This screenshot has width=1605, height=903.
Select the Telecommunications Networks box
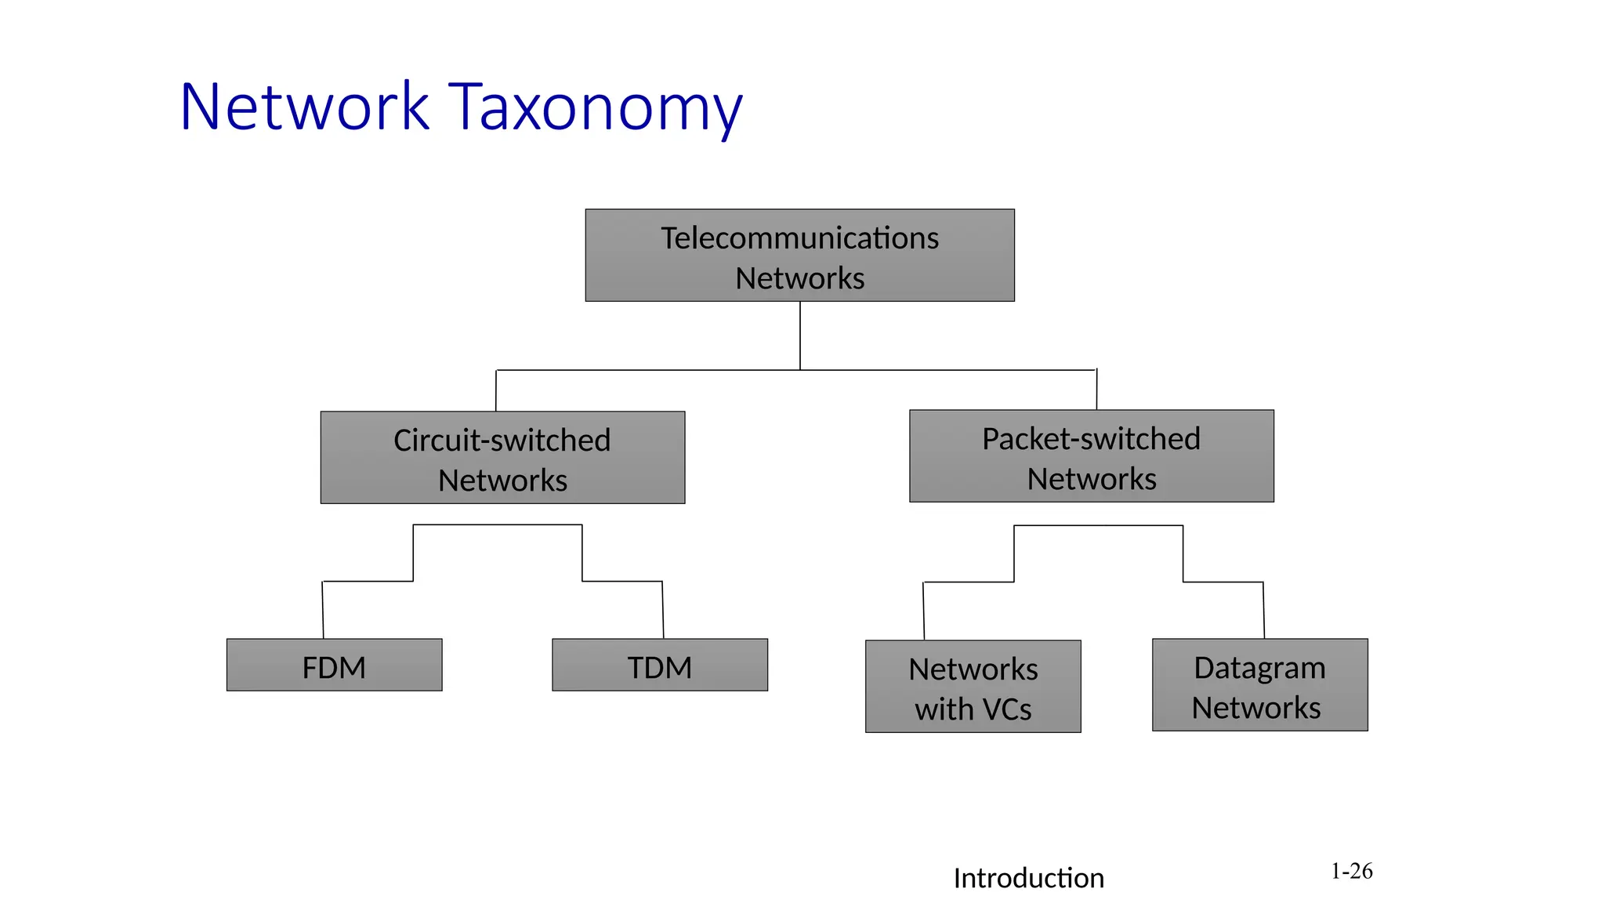click(x=799, y=256)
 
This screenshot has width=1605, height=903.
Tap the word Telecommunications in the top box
click(x=799, y=238)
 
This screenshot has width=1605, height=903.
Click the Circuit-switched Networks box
click(x=502, y=458)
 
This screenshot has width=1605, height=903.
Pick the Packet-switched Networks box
click(x=1091, y=456)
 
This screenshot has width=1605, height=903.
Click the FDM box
click(x=334, y=665)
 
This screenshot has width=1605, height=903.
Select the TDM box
click(x=659, y=665)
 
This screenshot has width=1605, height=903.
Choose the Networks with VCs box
click(x=973, y=687)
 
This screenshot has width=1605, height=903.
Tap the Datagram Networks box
click(x=1259, y=685)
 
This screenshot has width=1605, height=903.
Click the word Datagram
click(x=1259, y=668)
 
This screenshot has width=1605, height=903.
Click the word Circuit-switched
click(x=502, y=440)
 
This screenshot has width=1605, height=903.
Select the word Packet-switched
click(x=1091, y=438)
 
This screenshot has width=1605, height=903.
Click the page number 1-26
click(x=1351, y=871)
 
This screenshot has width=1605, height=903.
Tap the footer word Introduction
click(x=1028, y=878)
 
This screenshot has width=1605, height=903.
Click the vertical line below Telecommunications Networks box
click(x=800, y=335)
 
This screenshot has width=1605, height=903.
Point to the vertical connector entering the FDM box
click(x=323, y=610)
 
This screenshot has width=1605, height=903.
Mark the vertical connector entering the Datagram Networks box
click(x=1263, y=610)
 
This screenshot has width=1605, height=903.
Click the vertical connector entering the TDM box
click(x=663, y=610)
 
